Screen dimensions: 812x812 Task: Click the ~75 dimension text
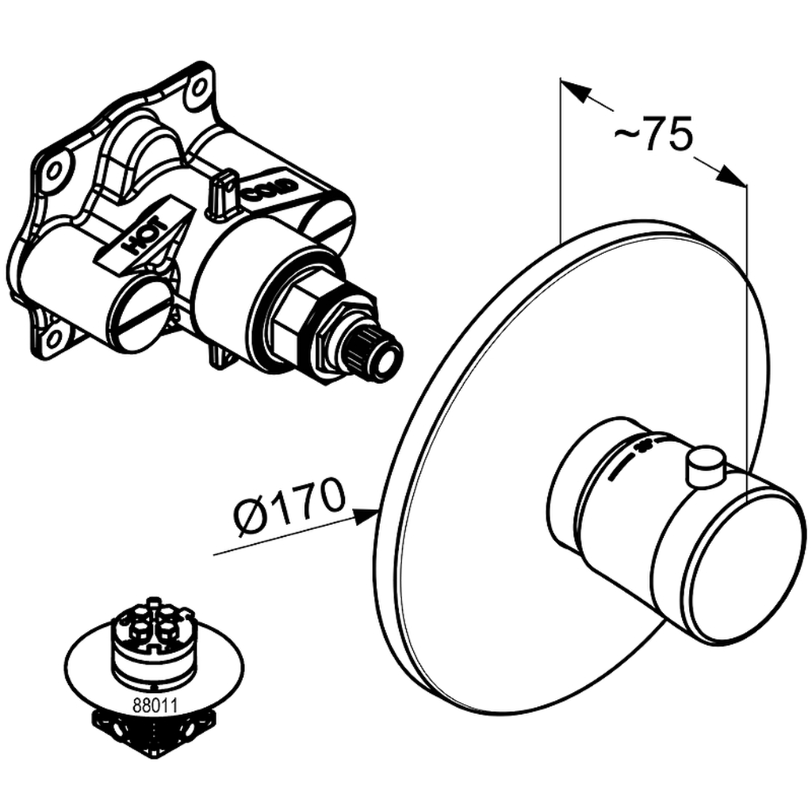tap(653, 133)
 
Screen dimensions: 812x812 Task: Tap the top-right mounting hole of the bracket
tap(199, 90)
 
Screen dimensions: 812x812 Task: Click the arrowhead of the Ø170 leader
tap(366, 514)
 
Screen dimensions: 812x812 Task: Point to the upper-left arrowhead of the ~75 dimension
tap(576, 89)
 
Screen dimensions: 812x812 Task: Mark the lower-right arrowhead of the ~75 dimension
tap(732, 176)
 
